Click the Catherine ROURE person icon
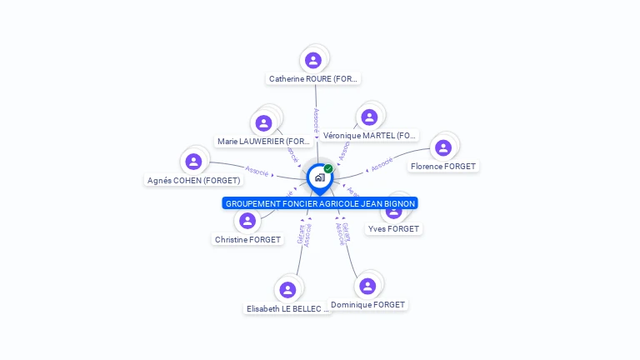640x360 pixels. pos(313,60)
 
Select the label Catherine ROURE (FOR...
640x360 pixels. pos(313,79)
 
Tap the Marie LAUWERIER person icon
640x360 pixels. pos(264,123)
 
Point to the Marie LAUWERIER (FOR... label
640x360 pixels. pos(263,142)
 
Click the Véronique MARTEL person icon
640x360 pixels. pos(369,117)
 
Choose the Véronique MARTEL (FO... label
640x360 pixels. pos(370,136)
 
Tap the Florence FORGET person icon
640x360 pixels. pos(443,147)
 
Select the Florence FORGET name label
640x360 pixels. pos(443,167)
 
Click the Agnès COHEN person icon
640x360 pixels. pos(194,162)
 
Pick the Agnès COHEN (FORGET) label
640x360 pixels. pos(194,181)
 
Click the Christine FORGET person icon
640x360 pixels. pos(247,221)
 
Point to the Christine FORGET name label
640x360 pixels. pos(247,240)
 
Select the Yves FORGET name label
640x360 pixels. pos(394,229)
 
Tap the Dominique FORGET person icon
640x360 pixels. pos(367,286)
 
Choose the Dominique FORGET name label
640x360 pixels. pos(367,305)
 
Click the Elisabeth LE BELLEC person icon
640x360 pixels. pos(287,290)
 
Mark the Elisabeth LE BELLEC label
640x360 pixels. pos(287,309)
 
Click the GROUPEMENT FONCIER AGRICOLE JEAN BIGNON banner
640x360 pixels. pos(320,203)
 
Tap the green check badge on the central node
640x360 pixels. pos(329,168)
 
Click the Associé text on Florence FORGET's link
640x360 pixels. pos(382,164)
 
